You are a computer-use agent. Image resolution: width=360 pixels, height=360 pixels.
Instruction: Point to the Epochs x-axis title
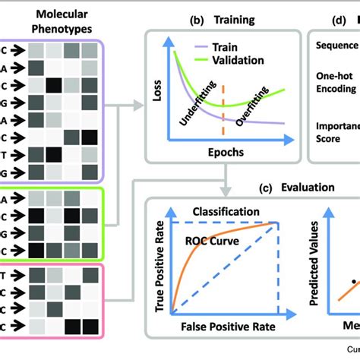[x=222, y=151]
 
